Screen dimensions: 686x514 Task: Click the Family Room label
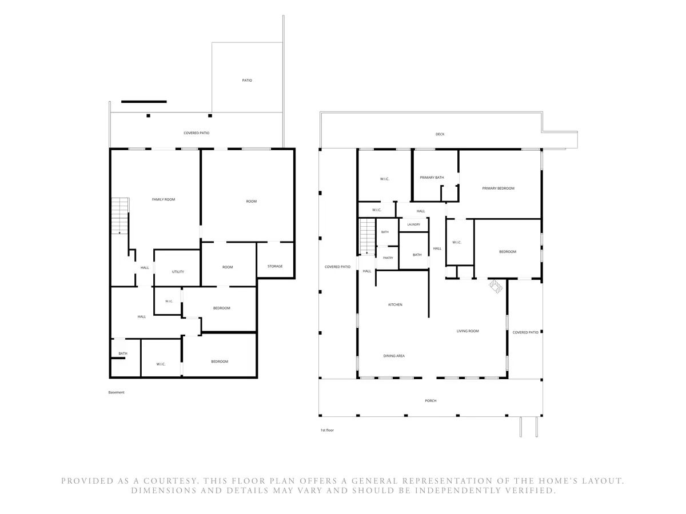[x=163, y=199]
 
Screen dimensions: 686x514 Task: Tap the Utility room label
[x=178, y=271]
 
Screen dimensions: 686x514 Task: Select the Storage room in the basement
[x=275, y=259]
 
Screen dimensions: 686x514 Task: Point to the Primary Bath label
[x=432, y=177]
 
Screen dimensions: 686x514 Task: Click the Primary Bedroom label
[x=498, y=188]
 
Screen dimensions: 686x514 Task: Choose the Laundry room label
[x=413, y=224]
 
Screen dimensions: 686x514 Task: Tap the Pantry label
[x=388, y=258]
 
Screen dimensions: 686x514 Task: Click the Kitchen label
[x=395, y=304]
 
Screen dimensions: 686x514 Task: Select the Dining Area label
[x=394, y=356]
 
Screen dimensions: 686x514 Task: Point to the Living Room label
[x=468, y=331]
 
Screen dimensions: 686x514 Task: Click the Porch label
[x=430, y=400]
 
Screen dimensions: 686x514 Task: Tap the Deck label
[x=440, y=134]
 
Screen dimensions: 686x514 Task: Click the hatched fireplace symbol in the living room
[x=496, y=287]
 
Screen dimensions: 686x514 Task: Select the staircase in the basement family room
[x=120, y=216]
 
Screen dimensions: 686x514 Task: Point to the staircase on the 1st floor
[x=368, y=236]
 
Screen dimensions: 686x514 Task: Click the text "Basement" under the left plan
[x=116, y=392]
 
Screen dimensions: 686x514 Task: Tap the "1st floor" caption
[x=327, y=430]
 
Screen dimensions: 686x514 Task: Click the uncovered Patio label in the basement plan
[x=247, y=80]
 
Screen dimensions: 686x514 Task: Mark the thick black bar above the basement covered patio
[x=143, y=102]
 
